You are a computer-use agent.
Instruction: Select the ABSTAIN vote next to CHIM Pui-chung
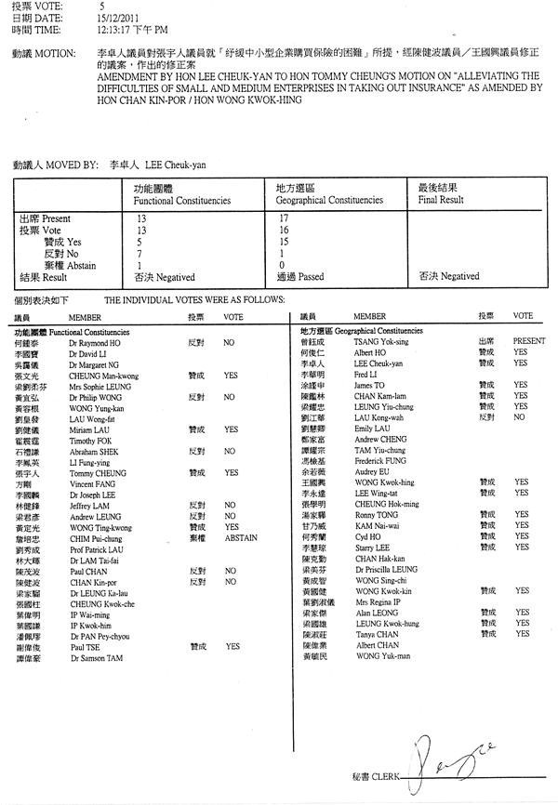[240, 537]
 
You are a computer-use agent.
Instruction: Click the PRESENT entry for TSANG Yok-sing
[528, 341]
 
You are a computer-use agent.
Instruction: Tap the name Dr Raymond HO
[95, 342]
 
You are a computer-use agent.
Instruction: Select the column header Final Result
[441, 200]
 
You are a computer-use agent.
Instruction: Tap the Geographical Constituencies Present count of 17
[283, 217]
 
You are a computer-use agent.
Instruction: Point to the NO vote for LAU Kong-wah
[521, 417]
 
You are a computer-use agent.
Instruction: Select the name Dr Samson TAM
[97, 657]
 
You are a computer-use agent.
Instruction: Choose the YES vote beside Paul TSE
[231, 646]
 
